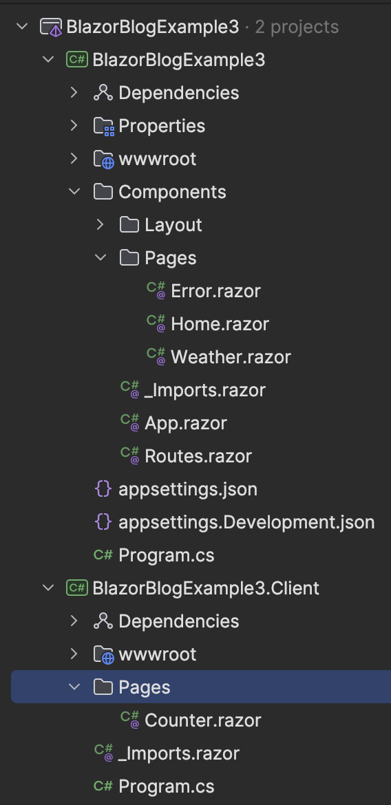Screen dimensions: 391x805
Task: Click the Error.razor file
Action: [x=215, y=291]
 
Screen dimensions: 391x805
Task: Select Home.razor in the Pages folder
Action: [x=220, y=324]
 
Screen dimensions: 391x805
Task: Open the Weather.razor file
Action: [x=231, y=357]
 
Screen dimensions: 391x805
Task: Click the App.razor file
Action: [x=185, y=424]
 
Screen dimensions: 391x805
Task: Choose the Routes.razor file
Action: [x=198, y=456]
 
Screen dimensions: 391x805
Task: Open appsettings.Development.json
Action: [x=246, y=523]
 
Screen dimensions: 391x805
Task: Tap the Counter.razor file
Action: [x=202, y=720]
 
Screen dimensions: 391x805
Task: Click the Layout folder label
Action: [x=173, y=225]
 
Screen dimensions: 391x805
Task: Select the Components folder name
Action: [x=172, y=192]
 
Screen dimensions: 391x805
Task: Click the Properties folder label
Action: [x=162, y=127]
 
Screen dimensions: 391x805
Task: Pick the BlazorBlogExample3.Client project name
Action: [x=206, y=588]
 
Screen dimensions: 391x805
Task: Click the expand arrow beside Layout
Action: [x=101, y=224]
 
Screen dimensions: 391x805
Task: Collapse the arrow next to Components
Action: [x=74, y=191]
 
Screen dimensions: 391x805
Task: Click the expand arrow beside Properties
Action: [x=74, y=126]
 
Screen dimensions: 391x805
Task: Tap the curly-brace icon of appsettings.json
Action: [x=103, y=489]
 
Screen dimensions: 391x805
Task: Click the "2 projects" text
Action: [x=297, y=27]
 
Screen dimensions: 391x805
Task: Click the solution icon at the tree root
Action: [x=52, y=27]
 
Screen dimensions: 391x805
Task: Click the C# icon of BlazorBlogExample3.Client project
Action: [x=77, y=588]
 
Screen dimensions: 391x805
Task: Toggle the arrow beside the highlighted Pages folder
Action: [x=74, y=687]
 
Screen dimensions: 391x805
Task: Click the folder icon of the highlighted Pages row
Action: [x=103, y=687]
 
